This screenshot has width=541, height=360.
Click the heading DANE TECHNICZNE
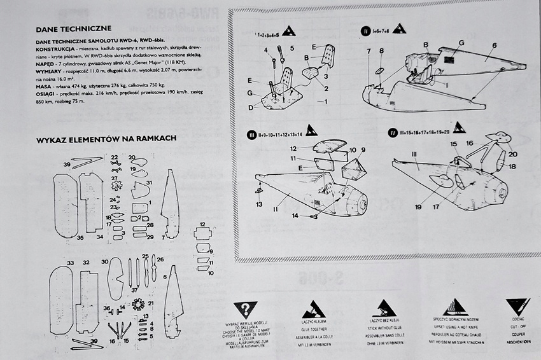point(74,29)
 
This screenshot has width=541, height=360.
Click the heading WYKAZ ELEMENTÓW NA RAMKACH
point(106,138)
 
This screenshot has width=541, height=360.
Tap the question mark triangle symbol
point(244,310)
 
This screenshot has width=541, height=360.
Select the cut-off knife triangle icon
point(517,306)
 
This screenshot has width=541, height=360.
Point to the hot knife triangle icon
point(454,307)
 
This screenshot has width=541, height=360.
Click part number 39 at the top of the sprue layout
point(67,164)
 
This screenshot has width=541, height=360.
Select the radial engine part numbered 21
point(141,305)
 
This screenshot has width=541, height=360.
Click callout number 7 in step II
point(369,51)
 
